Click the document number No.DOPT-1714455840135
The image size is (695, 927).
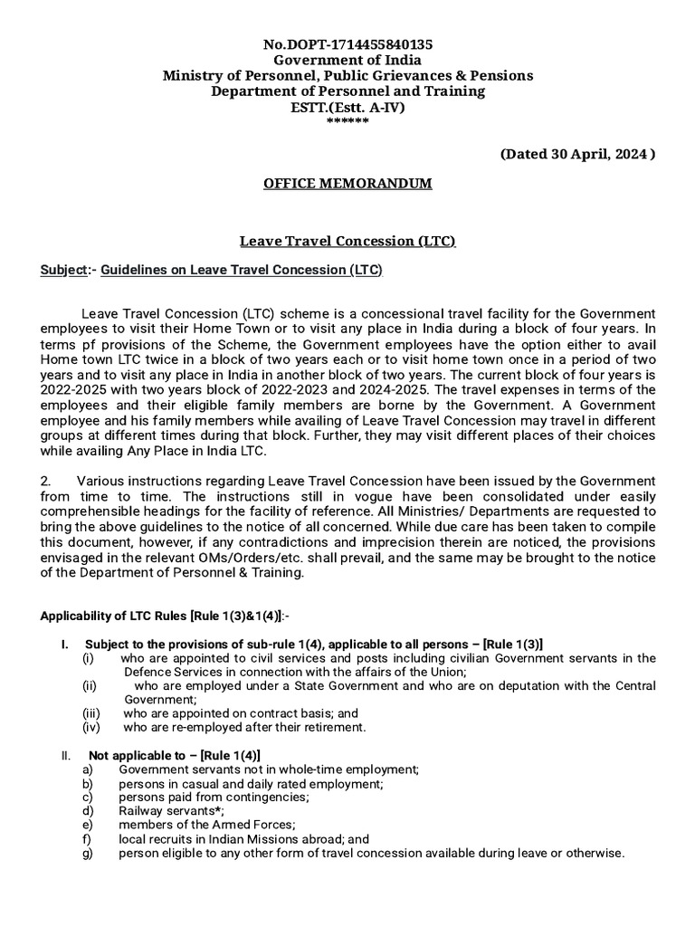347,43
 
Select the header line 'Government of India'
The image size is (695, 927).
347,60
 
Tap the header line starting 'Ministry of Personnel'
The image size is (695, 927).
347,75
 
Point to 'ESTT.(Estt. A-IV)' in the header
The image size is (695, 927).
347,107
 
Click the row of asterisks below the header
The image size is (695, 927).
347,121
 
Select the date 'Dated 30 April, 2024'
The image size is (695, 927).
577,154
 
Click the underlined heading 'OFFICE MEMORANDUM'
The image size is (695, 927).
347,184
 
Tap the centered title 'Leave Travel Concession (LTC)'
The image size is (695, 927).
347,241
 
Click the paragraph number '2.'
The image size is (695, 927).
47,481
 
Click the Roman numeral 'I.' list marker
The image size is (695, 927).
64,645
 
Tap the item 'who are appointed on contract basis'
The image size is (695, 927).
231,713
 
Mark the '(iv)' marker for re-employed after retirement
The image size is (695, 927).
91,727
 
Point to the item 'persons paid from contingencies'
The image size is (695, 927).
213,797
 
